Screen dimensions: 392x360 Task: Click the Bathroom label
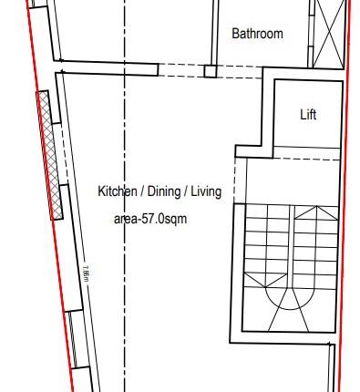click(x=257, y=34)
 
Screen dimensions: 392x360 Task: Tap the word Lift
click(x=308, y=115)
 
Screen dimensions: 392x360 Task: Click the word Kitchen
click(x=118, y=192)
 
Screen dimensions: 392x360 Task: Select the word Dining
click(x=167, y=192)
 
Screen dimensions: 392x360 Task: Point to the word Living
click(x=207, y=192)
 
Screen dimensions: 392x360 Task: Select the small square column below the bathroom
click(x=210, y=70)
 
